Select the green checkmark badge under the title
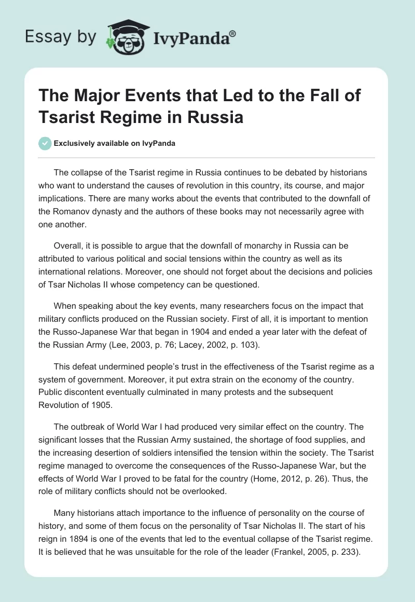click(45, 143)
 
